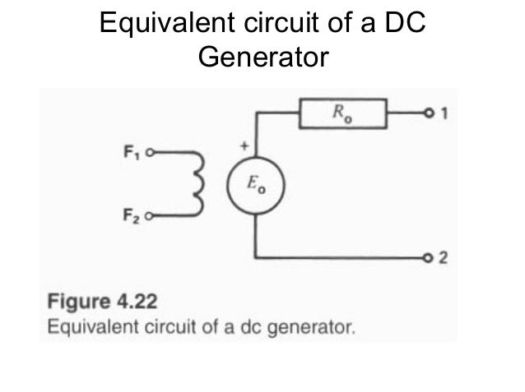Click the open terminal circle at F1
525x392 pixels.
click(x=151, y=153)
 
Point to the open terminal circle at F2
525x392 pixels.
click(x=151, y=219)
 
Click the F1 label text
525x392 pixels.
click(x=132, y=153)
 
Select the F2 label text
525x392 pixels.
click(x=132, y=219)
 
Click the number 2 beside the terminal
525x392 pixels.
click(x=444, y=259)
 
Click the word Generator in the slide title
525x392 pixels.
click(x=262, y=59)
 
